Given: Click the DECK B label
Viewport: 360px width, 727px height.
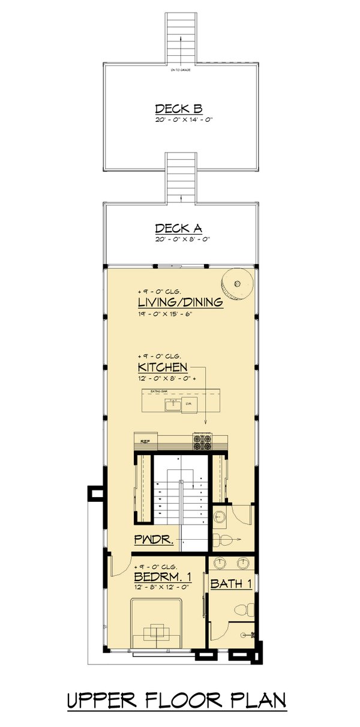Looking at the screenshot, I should (178, 109).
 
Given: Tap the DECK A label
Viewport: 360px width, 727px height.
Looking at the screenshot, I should (178, 228).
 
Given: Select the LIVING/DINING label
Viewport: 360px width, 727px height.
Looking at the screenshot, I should (181, 302).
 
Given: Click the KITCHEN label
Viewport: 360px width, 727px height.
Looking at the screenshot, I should (163, 367).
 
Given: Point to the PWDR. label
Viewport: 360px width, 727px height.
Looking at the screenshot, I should (154, 540).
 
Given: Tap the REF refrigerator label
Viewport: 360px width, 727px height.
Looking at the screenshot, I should (144, 441).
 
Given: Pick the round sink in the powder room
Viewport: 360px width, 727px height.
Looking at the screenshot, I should (219, 514).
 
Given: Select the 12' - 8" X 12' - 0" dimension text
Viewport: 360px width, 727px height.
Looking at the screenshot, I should (162, 588).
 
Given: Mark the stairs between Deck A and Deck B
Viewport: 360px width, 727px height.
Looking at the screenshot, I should (181, 177).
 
